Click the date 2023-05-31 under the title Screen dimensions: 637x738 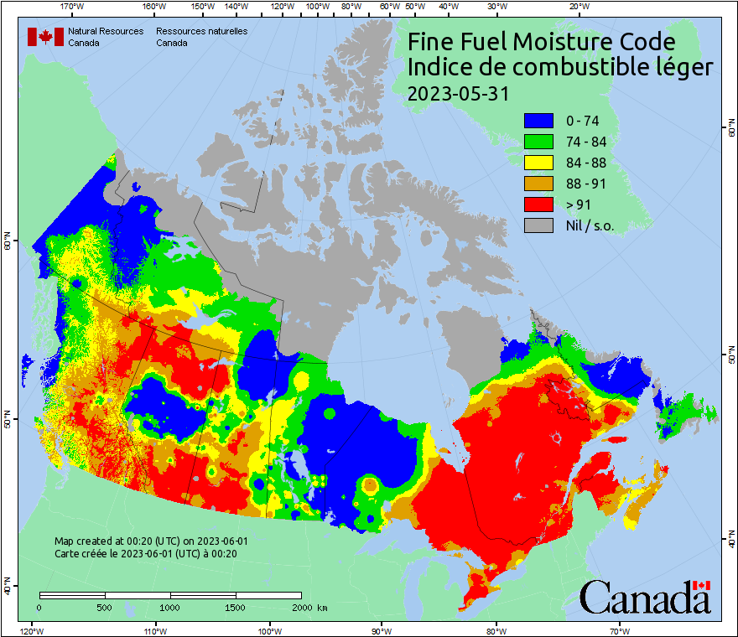coord(458,94)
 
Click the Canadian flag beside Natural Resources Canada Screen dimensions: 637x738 coord(45,36)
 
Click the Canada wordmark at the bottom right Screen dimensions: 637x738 coord(645,598)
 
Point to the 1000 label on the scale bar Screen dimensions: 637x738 coord(170,607)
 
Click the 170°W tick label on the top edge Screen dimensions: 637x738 coord(73,7)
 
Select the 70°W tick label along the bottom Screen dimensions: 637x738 coord(619,630)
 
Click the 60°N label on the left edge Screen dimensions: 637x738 coord(8,244)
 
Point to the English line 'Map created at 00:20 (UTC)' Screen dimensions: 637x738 coord(151,541)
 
